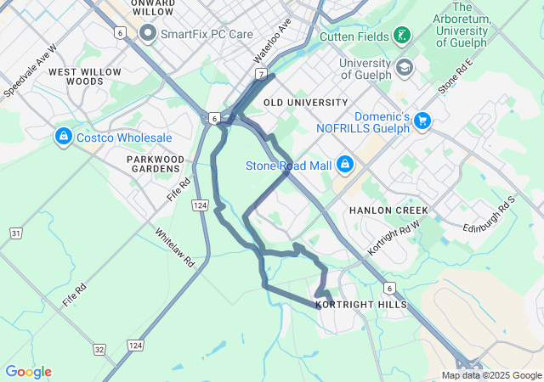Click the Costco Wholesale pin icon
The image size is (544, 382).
(x=63, y=136)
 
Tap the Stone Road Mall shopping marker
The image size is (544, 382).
(x=345, y=163)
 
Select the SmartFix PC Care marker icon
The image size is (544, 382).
(x=148, y=33)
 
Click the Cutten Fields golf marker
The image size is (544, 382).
(x=402, y=36)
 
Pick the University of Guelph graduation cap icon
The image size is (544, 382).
(x=405, y=66)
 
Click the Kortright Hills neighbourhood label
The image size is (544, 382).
(x=360, y=304)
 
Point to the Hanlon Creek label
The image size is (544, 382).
(x=387, y=210)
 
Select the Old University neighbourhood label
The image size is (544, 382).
(x=306, y=103)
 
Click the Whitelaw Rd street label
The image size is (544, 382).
(x=175, y=247)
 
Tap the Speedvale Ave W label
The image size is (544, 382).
(x=29, y=69)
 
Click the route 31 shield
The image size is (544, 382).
(x=16, y=233)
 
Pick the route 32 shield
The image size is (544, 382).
(x=99, y=349)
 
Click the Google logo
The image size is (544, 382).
(x=28, y=371)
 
